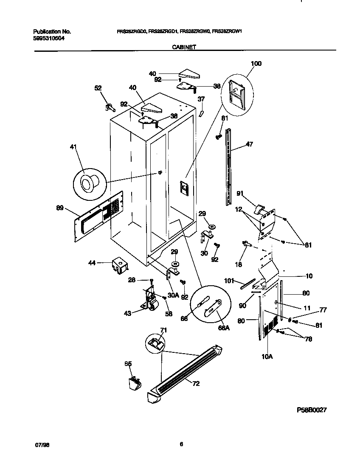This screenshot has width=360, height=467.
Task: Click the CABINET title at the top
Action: [x=183, y=48]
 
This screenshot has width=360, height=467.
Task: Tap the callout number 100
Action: [x=256, y=64]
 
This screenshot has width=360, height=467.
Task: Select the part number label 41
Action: [x=74, y=147]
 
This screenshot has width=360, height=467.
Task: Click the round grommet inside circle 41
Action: [x=89, y=183]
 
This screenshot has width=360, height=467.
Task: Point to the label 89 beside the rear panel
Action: [x=60, y=208]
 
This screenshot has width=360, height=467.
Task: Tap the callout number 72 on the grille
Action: [x=196, y=383]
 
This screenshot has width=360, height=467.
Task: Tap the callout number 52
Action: [x=98, y=88]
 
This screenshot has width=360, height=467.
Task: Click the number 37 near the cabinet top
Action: [x=201, y=99]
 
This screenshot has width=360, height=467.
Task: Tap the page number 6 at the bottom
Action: [x=181, y=444]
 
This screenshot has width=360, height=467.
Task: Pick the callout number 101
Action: [x=230, y=280]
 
